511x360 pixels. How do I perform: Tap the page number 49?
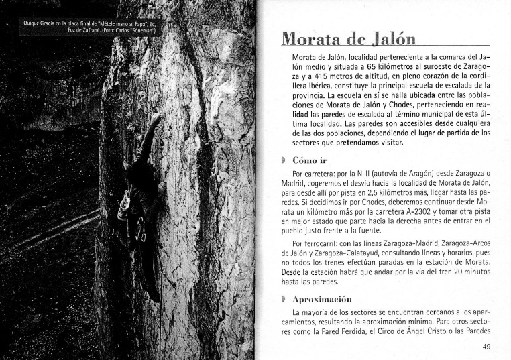coord(488,347)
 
